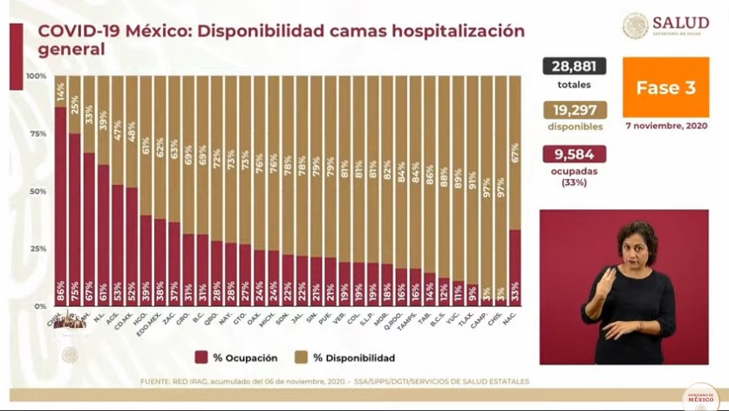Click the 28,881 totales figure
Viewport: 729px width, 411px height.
click(574, 67)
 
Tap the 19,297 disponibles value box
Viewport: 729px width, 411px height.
click(575, 110)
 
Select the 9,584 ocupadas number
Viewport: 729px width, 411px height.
click(575, 154)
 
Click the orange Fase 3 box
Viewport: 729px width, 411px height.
click(665, 87)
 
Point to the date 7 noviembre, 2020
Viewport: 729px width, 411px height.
click(666, 126)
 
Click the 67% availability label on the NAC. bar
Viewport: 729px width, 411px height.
click(515, 153)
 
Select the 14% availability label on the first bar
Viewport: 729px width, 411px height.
click(60, 92)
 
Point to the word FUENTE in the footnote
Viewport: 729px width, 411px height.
click(156, 381)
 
